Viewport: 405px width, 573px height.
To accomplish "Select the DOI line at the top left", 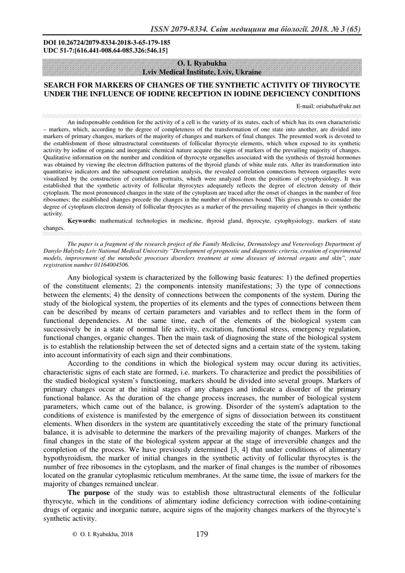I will tap(106, 44).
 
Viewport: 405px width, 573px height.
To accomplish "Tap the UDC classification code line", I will tap(106, 51).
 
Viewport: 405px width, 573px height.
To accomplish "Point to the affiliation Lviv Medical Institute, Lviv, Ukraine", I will tap(202, 72).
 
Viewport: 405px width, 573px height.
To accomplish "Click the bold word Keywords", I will tap(84, 222).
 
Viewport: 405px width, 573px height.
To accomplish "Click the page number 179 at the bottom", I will tap(201, 534).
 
